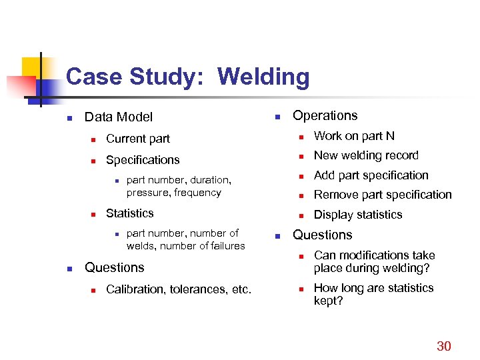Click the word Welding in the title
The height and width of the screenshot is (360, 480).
[x=263, y=77]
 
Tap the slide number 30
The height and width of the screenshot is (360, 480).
[x=443, y=345]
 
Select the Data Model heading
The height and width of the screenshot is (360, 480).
[x=119, y=117]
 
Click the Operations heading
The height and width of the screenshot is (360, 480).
[x=325, y=115]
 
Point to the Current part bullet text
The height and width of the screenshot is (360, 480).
[x=138, y=139]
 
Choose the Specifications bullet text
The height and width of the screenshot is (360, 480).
[x=143, y=160]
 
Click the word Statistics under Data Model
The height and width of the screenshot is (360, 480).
[x=130, y=213]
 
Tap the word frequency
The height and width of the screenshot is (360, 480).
[x=197, y=193]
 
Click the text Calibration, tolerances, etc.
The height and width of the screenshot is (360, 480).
[x=179, y=289]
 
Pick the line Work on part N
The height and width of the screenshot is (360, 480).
[x=354, y=136]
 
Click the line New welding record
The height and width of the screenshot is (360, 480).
[x=366, y=155]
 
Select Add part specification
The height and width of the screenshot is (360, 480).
[x=371, y=175]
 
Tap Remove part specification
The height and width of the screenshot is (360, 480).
[x=383, y=195]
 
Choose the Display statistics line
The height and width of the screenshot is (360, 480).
[x=358, y=215]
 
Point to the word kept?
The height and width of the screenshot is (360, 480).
[x=329, y=301]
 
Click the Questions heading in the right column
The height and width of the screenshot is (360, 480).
[x=323, y=235]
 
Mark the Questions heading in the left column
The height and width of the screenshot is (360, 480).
[x=114, y=267]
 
